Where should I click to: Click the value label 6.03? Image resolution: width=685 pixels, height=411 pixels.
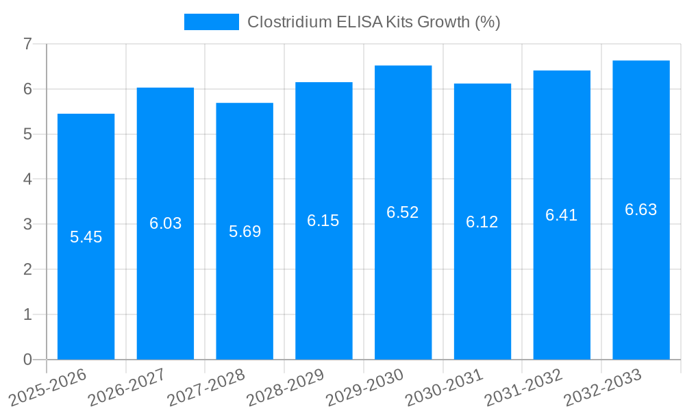[165, 223]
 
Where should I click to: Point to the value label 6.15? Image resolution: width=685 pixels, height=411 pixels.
[323, 221]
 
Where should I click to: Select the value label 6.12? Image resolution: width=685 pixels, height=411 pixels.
[482, 222]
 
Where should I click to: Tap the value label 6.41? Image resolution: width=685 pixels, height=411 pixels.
[562, 215]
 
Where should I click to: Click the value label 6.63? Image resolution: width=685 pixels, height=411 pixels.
[640, 210]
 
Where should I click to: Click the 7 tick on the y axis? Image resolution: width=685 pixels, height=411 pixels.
[27, 44]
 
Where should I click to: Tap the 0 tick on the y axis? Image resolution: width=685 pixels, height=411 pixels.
[27, 360]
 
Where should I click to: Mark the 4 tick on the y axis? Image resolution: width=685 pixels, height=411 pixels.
[27, 179]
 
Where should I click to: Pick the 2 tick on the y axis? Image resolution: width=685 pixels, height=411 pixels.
[27, 269]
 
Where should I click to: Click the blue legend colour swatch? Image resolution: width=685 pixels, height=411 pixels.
[212, 22]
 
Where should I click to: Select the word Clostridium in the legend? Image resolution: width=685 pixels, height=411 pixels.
[287, 22]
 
